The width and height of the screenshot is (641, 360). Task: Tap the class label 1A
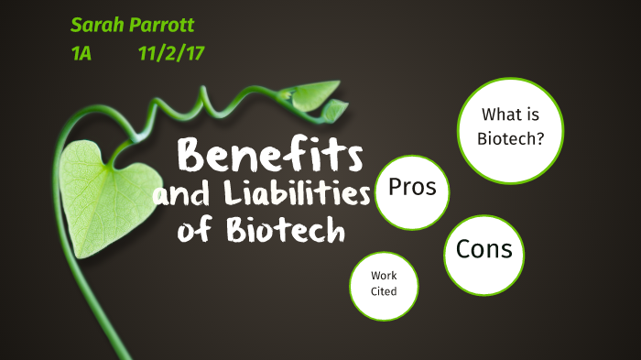click(82, 54)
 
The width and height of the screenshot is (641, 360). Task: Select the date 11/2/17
click(170, 54)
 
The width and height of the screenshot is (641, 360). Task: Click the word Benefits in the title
click(270, 155)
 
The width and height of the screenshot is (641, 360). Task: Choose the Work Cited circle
click(384, 285)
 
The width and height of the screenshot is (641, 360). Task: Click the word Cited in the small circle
click(384, 292)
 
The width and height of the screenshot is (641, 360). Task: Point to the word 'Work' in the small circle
click(384, 276)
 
